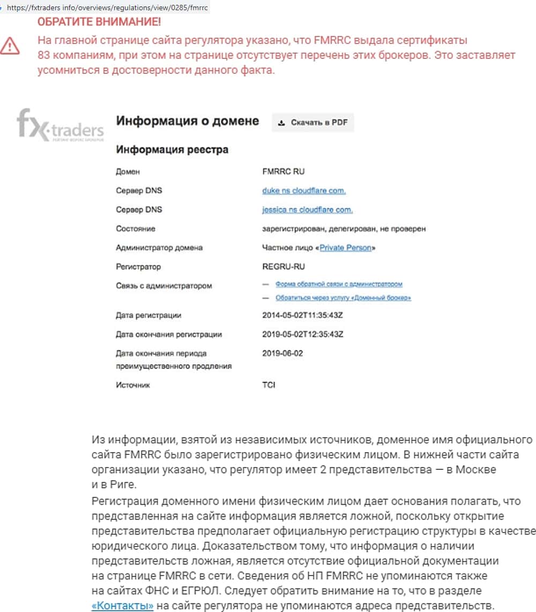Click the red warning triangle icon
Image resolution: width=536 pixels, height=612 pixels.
point(10,46)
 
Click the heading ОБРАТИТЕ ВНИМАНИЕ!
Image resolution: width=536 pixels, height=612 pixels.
point(99,23)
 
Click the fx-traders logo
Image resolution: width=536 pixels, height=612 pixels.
point(60,126)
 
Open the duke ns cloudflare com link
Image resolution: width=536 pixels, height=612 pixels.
point(304,191)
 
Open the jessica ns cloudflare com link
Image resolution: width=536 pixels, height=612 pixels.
point(307,210)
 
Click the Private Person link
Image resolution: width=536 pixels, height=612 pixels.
point(345,248)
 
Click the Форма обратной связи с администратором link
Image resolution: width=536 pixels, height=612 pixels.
point(339,284)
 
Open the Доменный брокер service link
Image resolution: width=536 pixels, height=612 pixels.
point(343,298)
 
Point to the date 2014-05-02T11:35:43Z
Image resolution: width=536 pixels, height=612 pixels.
point(302,315)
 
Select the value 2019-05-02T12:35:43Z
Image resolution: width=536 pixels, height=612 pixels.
point(302,334)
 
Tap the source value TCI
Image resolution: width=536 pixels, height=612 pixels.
point(269,385)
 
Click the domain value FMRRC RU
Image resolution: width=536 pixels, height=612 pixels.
point(284,172)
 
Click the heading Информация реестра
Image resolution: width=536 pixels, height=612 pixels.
point(172,150)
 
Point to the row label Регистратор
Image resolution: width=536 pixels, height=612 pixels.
point(138,267)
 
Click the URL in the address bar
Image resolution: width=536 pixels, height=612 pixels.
point(107,8)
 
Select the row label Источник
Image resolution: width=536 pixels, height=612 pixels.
point(133,385)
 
